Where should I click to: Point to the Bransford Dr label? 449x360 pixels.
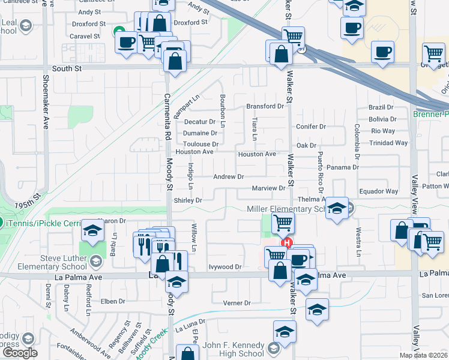pyautogui.click(x=265, y=106)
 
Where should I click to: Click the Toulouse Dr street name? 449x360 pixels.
pyautogui.click(x=200, y=144)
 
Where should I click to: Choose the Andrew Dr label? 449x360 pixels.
pyautogui.click(x=229, y=177)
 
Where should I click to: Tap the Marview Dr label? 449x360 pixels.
pyautogui.click(x=268, y=188)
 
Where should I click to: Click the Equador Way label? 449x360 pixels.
pyautogui.click(x=378, y=191)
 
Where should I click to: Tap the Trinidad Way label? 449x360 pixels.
pyautogui.click(x=388, y=143)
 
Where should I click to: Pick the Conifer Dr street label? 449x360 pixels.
pyautogui.click(x=311, y=127)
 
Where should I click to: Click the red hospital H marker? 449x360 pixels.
pyautogui.click(x=287, y=243)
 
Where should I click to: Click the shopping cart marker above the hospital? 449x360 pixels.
pyautogui.click(x=282, y=223)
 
